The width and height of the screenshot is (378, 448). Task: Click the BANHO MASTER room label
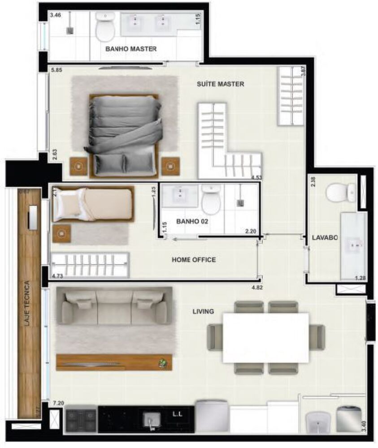tap(130, 48)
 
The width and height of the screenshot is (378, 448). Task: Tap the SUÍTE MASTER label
tap(220, 84)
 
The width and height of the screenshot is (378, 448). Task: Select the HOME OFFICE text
tap(194, 260)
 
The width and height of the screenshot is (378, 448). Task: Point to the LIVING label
tap(203, 311)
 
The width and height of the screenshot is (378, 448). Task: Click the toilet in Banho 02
tap(211, 199)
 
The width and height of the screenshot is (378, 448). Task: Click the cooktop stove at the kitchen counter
tap(81, 419)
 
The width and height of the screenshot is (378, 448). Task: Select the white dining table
tap(265, 337)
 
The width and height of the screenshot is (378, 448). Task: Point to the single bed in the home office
tap(93, 204)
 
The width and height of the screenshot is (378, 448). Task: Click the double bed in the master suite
tap(124, 134)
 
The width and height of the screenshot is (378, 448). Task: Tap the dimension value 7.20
tap(58, 403)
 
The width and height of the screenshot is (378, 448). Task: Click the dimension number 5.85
tap(56, 70)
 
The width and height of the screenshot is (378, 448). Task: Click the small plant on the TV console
tap(164, 362)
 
